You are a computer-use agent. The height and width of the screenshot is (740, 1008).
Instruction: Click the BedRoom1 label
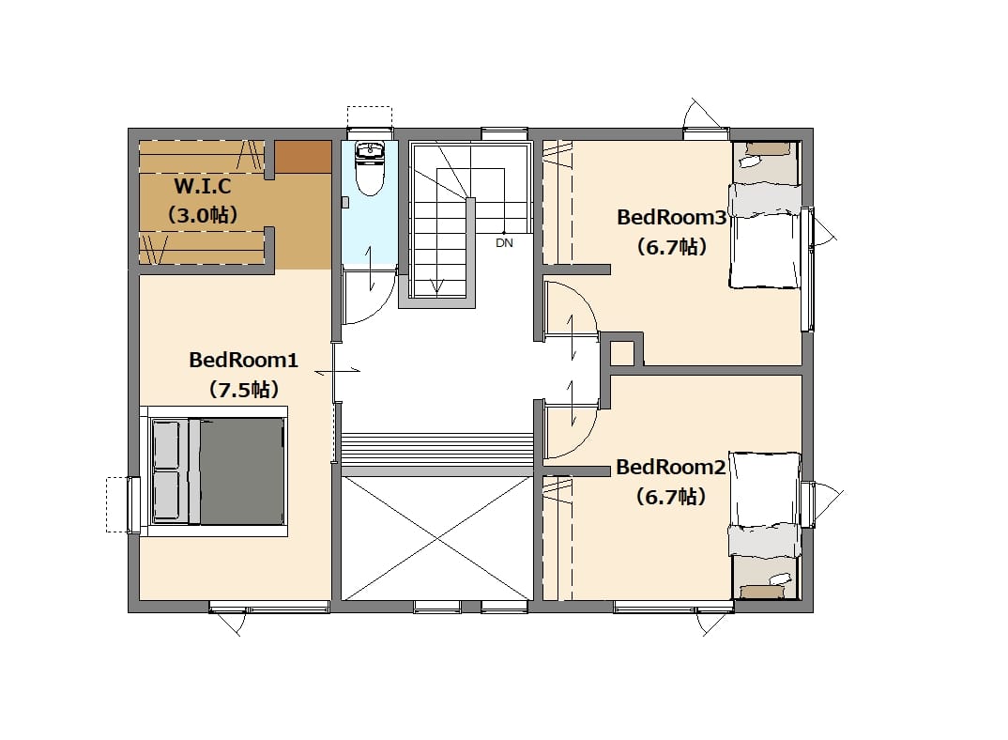pos(244,360)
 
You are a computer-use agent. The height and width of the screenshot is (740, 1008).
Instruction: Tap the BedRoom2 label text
pos(671,467)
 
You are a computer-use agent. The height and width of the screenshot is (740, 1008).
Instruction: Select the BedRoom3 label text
pos(672,218)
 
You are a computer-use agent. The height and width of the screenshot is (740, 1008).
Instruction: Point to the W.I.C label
pos(203,187)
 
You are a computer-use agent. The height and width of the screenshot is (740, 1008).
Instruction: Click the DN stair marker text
pos(505,243)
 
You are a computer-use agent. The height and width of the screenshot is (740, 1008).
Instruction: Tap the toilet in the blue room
pos(370,169)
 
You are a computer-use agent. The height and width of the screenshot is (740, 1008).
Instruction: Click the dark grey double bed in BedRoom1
pos(218,470)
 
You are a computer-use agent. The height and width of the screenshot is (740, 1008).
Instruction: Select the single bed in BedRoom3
pos(765,236)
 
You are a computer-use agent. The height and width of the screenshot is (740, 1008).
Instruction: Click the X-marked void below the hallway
pos(437,538)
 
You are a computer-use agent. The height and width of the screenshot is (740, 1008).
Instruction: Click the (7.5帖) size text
pos(244,390)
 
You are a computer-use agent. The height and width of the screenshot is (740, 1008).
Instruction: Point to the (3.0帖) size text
pos(203,215)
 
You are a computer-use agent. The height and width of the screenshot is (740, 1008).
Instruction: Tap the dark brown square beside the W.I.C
pos(303,157)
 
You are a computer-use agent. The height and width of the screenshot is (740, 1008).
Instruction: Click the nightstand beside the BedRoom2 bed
pos(766,578)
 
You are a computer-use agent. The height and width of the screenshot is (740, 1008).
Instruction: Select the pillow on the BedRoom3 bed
pos(765,199)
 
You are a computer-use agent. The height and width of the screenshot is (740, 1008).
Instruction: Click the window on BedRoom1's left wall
pos(133,504)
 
